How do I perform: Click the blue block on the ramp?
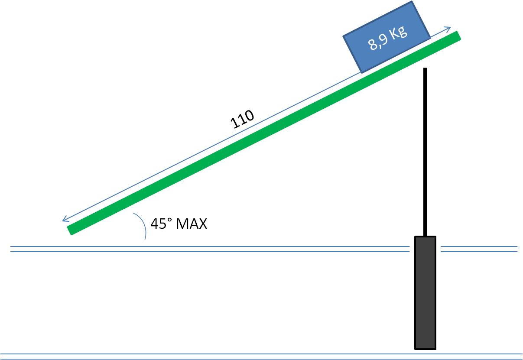coord(387,36)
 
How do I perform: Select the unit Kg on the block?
coord(398,33)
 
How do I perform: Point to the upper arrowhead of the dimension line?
coord(450,28)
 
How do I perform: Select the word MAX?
coord(192,224)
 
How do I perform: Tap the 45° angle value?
coord(161,224)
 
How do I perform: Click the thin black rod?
coord(425,152)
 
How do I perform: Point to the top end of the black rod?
coord(425,69)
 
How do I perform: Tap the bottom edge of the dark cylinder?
coord(425,348)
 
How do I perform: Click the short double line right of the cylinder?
coord(479,249)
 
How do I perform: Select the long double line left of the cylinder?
coord(208,249)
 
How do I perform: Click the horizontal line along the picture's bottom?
coord(260,355)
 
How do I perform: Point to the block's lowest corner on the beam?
coord(361,71)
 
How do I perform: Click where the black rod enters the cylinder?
coord(425,236)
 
